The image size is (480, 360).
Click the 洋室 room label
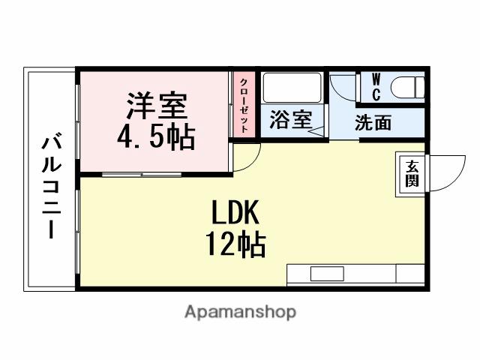coord(156,106)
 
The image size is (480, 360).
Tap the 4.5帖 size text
coord(156,137)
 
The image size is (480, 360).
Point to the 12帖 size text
coord(235,244)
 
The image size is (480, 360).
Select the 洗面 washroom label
coord(373,123)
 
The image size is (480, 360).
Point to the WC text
coord(376,87)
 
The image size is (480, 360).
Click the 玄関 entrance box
coord(412,174)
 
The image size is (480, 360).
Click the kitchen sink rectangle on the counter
coord(326,274)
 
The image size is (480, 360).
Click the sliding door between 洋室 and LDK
coord(142,175)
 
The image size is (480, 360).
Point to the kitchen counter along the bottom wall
coord(355,274)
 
